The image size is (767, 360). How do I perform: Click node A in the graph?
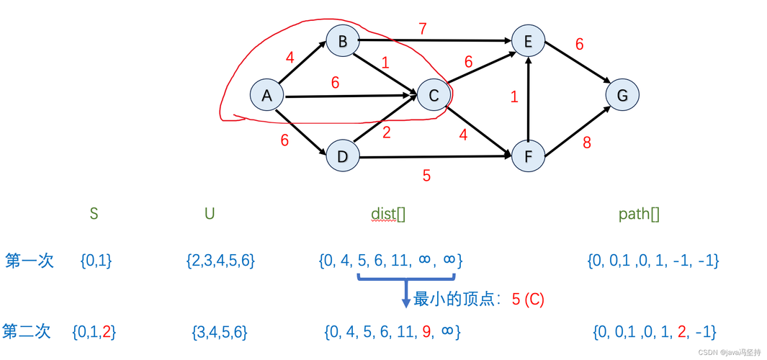[267, 95]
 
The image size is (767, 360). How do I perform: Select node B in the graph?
[343, 42]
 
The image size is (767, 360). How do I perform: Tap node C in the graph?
[434, 95]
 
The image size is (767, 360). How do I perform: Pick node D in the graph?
[343, 156]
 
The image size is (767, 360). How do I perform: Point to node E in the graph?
[528, 42]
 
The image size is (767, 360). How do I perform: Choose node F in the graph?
[528, 156]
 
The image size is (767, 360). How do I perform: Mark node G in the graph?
[622, 95]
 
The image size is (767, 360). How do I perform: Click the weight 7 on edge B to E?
[423, 30]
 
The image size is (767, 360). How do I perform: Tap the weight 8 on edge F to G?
[587, 143]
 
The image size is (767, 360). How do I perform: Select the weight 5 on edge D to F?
[426, 175]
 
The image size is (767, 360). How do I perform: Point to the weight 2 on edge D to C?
[387, 132]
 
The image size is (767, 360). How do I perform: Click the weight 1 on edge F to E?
[514, 96]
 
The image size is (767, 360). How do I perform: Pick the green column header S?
[94, 214]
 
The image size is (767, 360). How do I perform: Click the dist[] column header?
[388, 214]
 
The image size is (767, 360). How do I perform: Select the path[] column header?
[640, 214]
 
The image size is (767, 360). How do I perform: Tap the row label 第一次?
[30, 260]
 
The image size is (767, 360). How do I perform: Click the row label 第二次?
[27, 331]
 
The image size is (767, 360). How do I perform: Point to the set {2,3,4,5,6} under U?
[220, 261]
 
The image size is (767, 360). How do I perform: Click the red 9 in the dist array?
[426, 332]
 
